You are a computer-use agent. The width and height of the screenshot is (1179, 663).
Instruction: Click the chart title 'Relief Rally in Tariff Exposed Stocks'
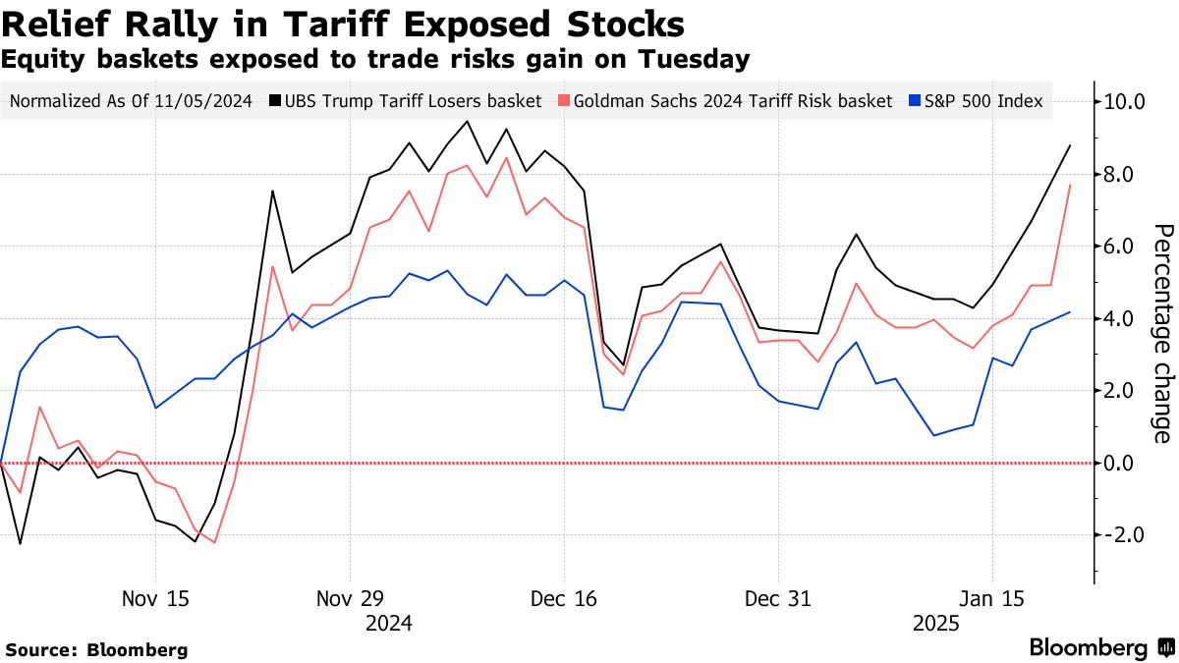(x=343, y=23)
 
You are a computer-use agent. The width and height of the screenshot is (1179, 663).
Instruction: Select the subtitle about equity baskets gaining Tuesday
(x=376, y=60)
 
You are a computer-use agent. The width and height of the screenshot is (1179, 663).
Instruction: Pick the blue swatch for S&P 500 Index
(x=915, y=100)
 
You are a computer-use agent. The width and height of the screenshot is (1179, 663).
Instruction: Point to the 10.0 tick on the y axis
(x=1126, y=101)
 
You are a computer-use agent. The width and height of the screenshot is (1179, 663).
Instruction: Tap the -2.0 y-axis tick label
(x=1126, y=535)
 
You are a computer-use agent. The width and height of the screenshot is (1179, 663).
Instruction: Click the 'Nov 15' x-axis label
(x=155, y=598)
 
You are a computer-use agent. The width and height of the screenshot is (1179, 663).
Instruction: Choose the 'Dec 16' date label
(x=563, y=598)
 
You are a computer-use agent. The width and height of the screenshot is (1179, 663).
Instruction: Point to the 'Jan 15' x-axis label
(x=992, y=598)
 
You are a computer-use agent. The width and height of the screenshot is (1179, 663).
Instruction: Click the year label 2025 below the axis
(x=937, y=623)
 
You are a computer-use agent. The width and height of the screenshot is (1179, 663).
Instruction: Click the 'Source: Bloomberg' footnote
(x=96, y=649)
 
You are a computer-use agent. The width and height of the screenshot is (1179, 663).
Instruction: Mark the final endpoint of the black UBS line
(x=1070, y=145)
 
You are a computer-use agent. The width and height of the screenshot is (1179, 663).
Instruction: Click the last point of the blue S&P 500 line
(x=1070, y=312)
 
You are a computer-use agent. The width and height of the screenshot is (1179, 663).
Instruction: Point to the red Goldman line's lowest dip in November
(x=214, y=542)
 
